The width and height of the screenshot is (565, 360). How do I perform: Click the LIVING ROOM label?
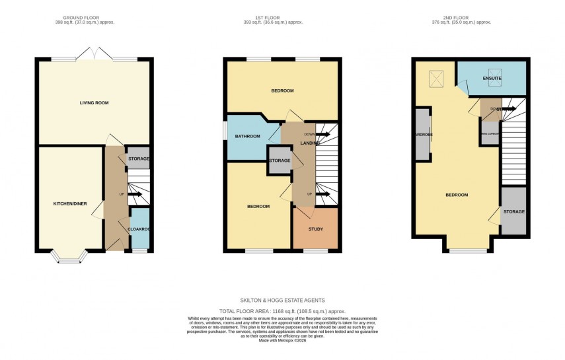[x=94, y=103]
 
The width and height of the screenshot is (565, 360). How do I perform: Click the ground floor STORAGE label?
[x=138, y=159]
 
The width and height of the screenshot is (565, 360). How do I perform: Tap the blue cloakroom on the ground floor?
[x=140, y=229]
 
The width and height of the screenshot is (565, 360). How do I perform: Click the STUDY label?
[x=316, y=229]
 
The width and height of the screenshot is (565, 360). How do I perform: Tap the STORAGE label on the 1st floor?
[x=280, y=161]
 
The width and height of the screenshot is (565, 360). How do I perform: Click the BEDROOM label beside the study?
[x=258, y=207]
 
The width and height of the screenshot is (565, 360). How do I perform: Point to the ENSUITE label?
[x=492, y=79]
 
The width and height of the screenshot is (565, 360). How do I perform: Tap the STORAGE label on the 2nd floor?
[x=513, y=212]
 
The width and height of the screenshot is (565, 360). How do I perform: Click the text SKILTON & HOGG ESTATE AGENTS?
[x=282, y=301]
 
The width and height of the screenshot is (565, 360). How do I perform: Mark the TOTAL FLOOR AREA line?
[x=282, y=311]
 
